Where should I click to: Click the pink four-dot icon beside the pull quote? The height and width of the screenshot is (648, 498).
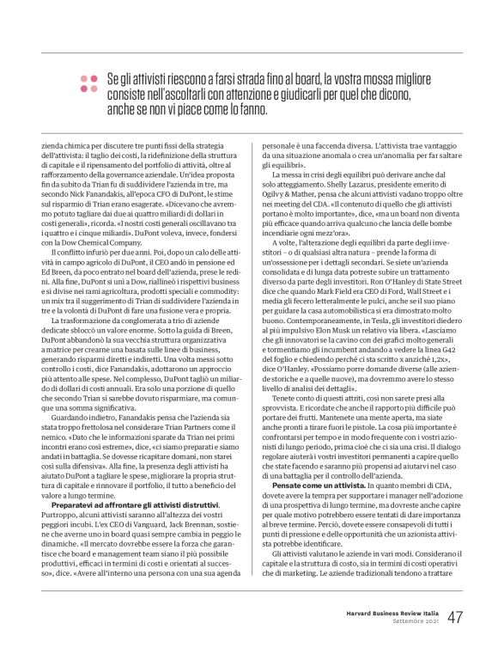(x=88, y=83)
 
